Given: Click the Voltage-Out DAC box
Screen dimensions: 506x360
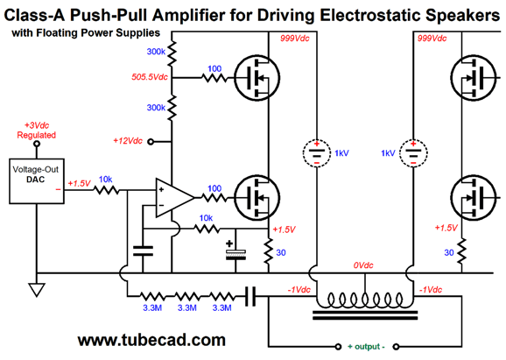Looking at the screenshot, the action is (37, 180).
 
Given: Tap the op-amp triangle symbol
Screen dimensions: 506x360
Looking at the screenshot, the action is (174, 198).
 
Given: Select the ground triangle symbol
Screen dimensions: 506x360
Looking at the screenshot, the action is (37, 290).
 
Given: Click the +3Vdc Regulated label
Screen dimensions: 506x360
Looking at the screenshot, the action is (37, 131).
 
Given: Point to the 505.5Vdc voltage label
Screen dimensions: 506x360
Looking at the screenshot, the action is (150, 77).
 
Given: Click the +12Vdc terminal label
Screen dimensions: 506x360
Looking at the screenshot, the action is (128, 141).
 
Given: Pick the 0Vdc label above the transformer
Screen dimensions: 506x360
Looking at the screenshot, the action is (363, 265).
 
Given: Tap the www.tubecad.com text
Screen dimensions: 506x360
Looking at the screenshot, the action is (151, 340).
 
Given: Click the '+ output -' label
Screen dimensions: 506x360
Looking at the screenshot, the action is (366, 347).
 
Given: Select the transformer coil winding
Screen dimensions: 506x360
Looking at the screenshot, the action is (365, 300).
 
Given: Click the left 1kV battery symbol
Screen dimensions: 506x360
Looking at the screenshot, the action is (317, 152).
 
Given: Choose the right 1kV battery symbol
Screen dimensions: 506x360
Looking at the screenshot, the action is (413, 152).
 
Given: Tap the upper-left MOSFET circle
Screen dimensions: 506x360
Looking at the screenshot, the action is (257, 78).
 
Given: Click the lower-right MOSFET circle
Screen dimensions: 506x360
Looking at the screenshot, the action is (474, 198).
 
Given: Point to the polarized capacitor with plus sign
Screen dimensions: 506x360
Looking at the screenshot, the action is (235, 251).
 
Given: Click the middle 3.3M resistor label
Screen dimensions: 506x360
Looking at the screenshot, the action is (186, 307).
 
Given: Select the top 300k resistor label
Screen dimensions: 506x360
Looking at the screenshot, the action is (156, 52).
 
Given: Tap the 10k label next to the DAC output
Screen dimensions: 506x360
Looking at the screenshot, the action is (106, 180).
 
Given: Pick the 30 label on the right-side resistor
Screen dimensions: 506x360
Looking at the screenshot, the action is (449, 252).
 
